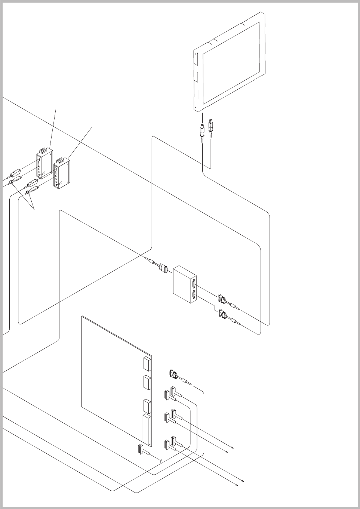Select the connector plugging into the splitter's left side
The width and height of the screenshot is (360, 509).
point(162,268)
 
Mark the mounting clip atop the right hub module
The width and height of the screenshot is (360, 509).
point(61,161)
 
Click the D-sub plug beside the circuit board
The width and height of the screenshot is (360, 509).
point(173,374)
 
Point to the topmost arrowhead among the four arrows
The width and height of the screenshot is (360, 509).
point(233,447)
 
